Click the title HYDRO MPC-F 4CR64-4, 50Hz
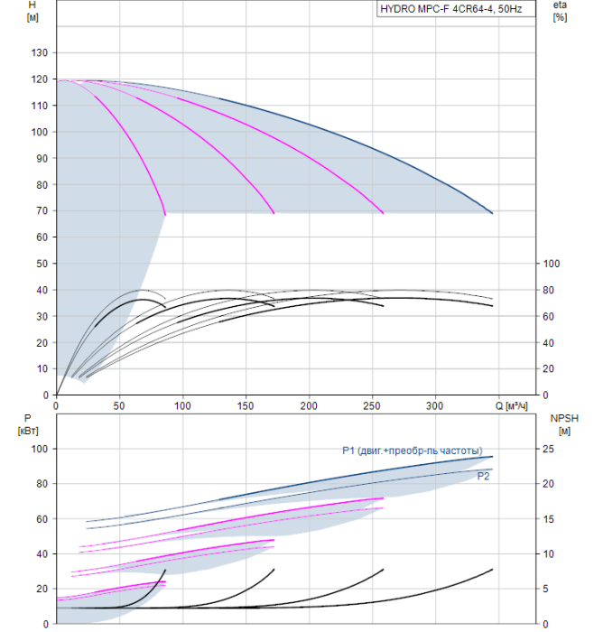click(x=455, y=10)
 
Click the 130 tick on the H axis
click(x=40, y=52)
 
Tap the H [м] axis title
click(x=33, y=11)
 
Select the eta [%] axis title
click(x=560, y=11)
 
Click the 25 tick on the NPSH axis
click(x=550, y=449)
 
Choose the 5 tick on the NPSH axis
click(x=547, y=589)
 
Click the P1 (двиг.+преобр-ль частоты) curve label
click(x=412, y=451)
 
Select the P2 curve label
click(x=483, y=476)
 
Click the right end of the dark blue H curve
click(x=492, y=212)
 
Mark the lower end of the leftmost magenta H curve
click(x=166, y=213)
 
